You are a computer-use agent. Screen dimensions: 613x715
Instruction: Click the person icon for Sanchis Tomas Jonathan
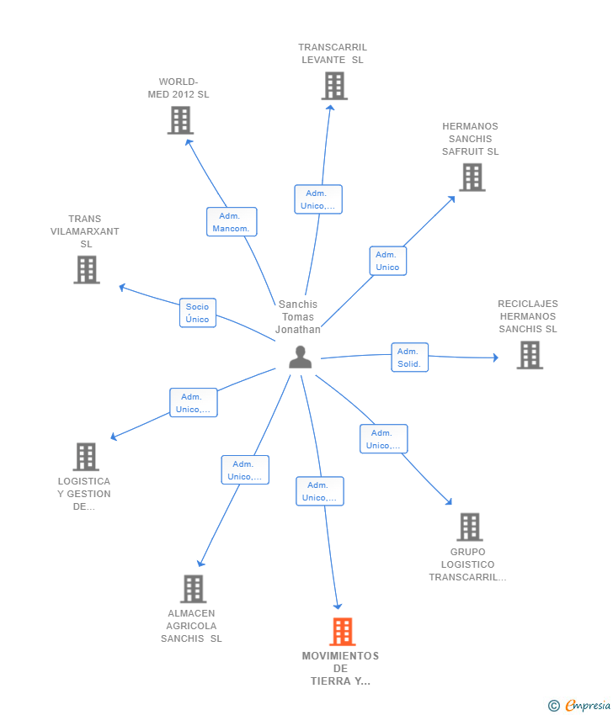[301, 357]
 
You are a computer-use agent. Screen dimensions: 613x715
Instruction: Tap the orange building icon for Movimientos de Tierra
[343, 632]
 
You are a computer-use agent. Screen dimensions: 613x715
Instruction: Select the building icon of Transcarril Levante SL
[334, 86]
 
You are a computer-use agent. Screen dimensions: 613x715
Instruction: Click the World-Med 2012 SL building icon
[180, 120]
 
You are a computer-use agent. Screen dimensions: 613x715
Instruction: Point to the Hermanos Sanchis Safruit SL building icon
[472, 177]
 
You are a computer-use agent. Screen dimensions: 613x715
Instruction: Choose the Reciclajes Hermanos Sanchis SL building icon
[530, 355]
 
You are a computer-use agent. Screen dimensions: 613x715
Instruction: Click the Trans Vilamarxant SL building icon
[87, 269]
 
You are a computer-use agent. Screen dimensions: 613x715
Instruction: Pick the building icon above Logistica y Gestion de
[86, 457]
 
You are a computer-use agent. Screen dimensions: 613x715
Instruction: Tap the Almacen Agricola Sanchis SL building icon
[193, 589]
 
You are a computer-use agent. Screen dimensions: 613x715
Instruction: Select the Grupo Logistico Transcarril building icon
[469, 527]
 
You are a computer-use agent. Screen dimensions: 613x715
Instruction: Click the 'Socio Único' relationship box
[198, 313]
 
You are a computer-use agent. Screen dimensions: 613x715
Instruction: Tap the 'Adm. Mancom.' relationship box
[232, 222]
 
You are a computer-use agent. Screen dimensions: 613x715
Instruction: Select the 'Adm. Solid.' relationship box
[409, 357]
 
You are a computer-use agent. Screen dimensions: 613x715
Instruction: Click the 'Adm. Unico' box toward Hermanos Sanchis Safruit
[387, 261]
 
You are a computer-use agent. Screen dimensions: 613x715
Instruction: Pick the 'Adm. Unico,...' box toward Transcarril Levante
[318, 199]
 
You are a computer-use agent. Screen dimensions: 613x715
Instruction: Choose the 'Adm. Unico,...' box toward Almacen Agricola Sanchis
[245, 469]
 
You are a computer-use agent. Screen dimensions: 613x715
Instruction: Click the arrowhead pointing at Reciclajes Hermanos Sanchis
[496, 357]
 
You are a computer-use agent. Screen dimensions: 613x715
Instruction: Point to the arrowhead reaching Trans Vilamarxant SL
[122, 288]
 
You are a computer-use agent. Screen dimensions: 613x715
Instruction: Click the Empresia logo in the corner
[579, 706]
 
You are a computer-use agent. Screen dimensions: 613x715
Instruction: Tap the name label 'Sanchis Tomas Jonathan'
[298, 317]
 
